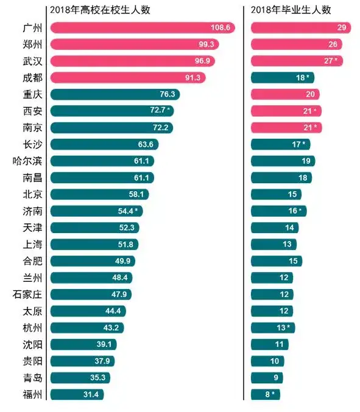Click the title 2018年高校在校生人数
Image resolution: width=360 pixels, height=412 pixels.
pyautogui.click(x=101, y=10)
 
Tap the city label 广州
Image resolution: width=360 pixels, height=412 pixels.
pyautogui.click(x=31, y=28)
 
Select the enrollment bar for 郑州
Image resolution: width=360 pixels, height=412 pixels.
pyautogui.click(x=134, y=44)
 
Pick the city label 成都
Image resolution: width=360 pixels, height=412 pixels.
pyautogui.click(x=31, y=77)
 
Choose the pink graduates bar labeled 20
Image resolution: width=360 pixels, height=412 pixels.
pyautogui.click(x=285, y=94)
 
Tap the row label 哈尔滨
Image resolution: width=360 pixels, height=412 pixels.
pyautogui.click(x=27, y=161)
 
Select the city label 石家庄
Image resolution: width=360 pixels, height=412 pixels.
pyautogui.click(x=27, y=295)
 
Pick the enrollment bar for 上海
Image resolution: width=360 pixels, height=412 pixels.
pyautogui.click(x=94, y=244)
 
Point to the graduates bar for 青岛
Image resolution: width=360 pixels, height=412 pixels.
pyautogui.click(x=267, y=377)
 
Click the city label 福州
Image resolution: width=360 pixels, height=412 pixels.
pyautogui.click(x=31, y=394)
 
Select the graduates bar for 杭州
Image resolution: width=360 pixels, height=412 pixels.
pyautogui.click(x=273, y=327)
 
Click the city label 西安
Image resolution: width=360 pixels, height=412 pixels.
pyautogui.click(x=31, y=111)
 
